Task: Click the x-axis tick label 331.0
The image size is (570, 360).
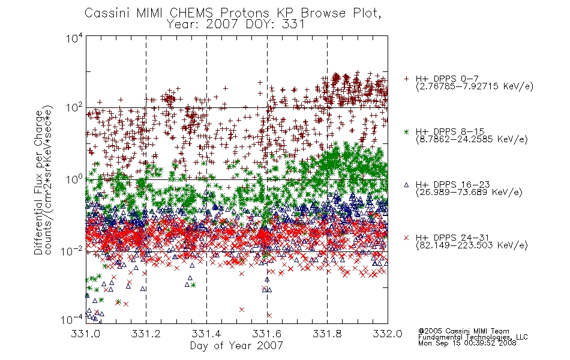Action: [85, 334]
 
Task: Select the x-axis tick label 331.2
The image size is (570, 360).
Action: [146, 334]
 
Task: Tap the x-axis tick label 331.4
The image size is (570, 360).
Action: [206, 334]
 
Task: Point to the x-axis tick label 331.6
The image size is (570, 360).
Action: [267, 334]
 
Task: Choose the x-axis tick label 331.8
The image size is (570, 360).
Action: [327, 334]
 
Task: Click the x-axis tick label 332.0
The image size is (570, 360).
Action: [388, 334]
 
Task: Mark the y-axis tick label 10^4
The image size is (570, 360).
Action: [74, 38]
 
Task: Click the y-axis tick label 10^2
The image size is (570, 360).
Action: [74, 108]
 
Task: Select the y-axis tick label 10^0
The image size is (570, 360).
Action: [74, 179]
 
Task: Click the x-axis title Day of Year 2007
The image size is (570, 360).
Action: [236, 346]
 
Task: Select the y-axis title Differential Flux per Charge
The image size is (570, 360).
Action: [38, 182]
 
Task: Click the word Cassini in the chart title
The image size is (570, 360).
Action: [107, 13]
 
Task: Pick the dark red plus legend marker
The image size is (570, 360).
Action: [406, 79]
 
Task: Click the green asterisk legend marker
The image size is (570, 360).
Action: [406, 131]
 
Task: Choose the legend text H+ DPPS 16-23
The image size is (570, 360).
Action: [453, 185]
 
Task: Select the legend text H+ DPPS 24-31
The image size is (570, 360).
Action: [453, 238]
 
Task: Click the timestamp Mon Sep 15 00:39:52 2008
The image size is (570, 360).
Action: [467, 343]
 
